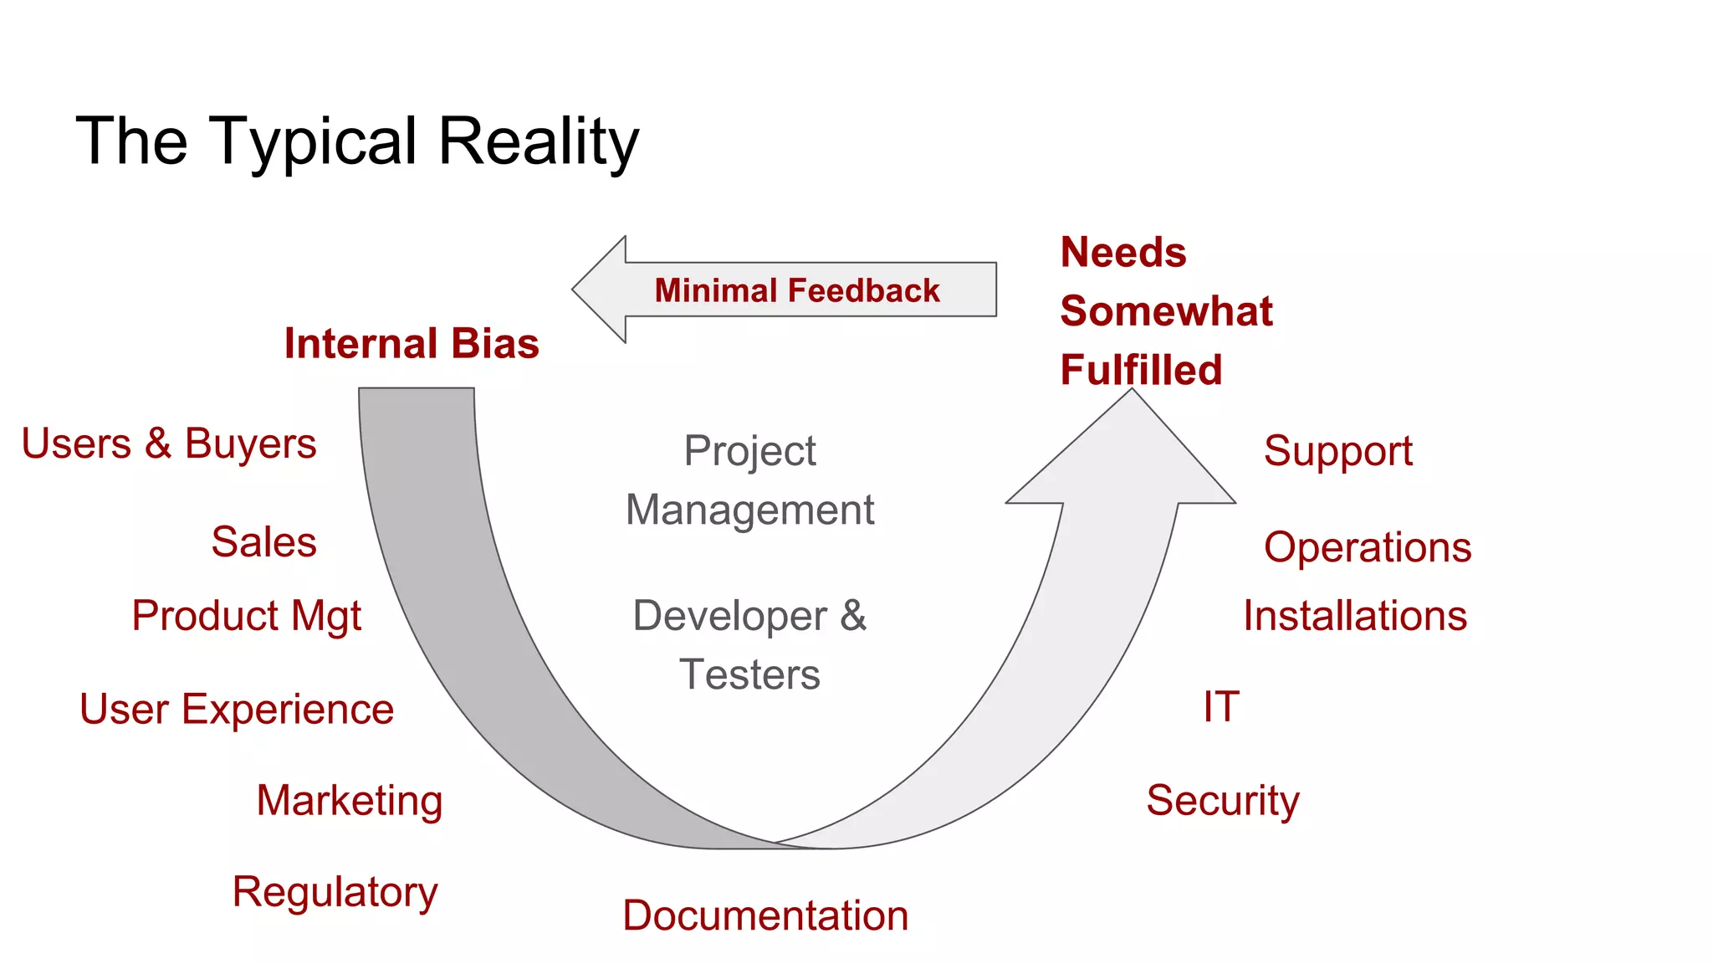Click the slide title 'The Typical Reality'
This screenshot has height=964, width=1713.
[x=357, y=141]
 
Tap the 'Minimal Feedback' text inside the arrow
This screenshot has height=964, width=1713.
[x=796, y=290]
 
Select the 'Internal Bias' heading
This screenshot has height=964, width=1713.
[x=412, y=343]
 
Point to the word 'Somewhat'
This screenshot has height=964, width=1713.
[x=1166, y=311]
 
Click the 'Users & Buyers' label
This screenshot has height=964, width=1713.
[x=169, y=444]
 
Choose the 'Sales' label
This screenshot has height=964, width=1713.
[x=263, y=541]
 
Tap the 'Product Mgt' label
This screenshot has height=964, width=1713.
[x=247, y=616]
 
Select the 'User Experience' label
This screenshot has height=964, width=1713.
[x=237, y=709]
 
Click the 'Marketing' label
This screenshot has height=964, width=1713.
[x=349, y=800]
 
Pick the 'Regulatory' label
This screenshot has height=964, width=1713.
[x=335, y=892]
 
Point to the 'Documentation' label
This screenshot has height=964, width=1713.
[x=765, y=915]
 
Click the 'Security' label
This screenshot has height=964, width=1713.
[x=1222, y=800]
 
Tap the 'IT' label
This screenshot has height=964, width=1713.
[x=1220, y=706]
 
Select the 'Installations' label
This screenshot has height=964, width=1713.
[x=1354, y=616]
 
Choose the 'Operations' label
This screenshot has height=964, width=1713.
[x=1367, y=547]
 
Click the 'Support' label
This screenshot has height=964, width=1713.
[x=1337, y=451]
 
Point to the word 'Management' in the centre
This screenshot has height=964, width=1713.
[x=749, y=510]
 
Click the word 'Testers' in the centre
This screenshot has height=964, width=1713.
[x=749, y=674]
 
